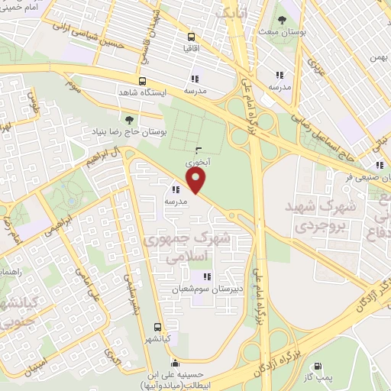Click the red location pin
pos(198,182)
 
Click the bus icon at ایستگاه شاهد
pos(142,81)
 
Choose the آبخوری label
pos(195,163)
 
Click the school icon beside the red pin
pos(176,189)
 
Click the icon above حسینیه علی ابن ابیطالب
pos(176,363)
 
